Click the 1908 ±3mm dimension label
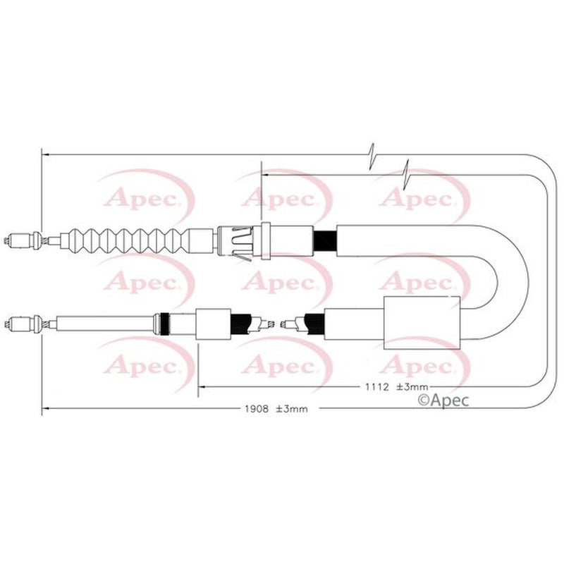276,409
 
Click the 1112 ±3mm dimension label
396,387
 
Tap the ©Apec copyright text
443,400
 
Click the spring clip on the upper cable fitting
243,243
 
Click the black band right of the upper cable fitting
325,240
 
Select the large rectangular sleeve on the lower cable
422,323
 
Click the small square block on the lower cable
213,324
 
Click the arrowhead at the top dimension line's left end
46,154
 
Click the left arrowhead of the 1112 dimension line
202,387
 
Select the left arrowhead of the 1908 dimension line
46,408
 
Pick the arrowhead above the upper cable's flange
266,175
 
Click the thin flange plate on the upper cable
266,240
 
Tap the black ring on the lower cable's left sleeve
165,324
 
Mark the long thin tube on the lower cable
104,324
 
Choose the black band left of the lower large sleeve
314,324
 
